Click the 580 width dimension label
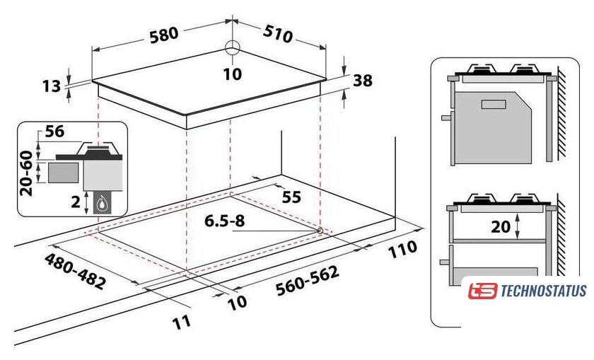(164, 35)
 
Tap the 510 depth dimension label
(278, 34)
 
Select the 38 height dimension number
(363, 81)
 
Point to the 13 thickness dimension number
(52, 86)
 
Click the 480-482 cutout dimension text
(75, 271)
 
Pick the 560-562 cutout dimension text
(307, 280)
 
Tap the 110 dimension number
(402, 250)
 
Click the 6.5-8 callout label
(225, 221)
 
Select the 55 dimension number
(291, 197)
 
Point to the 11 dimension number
(182, 323)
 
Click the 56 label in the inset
(55, 132)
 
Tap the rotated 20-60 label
(27, 173)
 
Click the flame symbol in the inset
(101, 204)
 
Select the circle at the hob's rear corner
(232, 49)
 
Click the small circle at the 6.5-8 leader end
(320, 231)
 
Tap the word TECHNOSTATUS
(544, 291)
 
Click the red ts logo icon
(482, 291)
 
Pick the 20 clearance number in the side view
(501, 226)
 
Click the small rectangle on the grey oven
(494, 104)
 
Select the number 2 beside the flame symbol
(76, 202)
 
